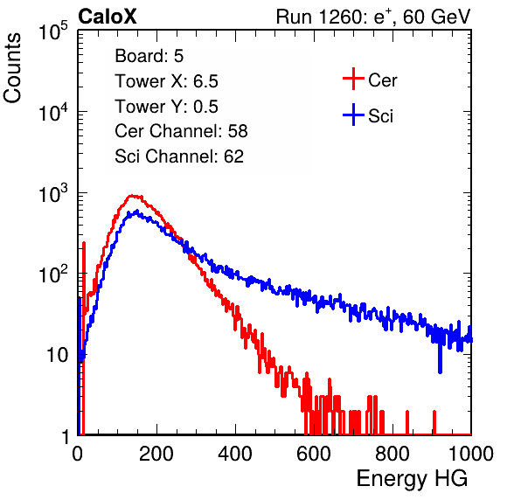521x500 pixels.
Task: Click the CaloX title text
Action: click(x=107, y=17)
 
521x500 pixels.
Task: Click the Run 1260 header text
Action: click(x=373, y=17)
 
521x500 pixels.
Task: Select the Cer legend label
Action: click(x=382, y=80)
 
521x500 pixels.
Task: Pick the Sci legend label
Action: click(x=381, y=116)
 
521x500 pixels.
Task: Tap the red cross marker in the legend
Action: click(x=353, y=79)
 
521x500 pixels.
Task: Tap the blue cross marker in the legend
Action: click(x=353, y=115)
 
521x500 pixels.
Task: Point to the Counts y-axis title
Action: click(x=12, y=68)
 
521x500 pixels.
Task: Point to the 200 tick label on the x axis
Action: click(x=156, y=454)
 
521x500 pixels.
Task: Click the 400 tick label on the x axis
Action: click(x=235, y=454)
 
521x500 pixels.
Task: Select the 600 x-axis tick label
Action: click(x=314, y=454)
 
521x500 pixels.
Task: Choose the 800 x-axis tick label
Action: click(x=392, y=454)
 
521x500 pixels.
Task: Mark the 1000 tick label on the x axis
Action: click(x=471, y=454)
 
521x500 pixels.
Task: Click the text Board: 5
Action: click(x=149, y=56)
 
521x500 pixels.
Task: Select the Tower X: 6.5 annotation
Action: click(x=166, y=81)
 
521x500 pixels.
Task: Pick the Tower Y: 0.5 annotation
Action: click(x=166, y=107)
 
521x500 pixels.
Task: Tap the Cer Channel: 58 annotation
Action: click(x=182, y=131)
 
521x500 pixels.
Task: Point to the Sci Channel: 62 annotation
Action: click(x=179, y=156)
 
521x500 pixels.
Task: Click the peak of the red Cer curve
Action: click(x=132, y=195)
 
